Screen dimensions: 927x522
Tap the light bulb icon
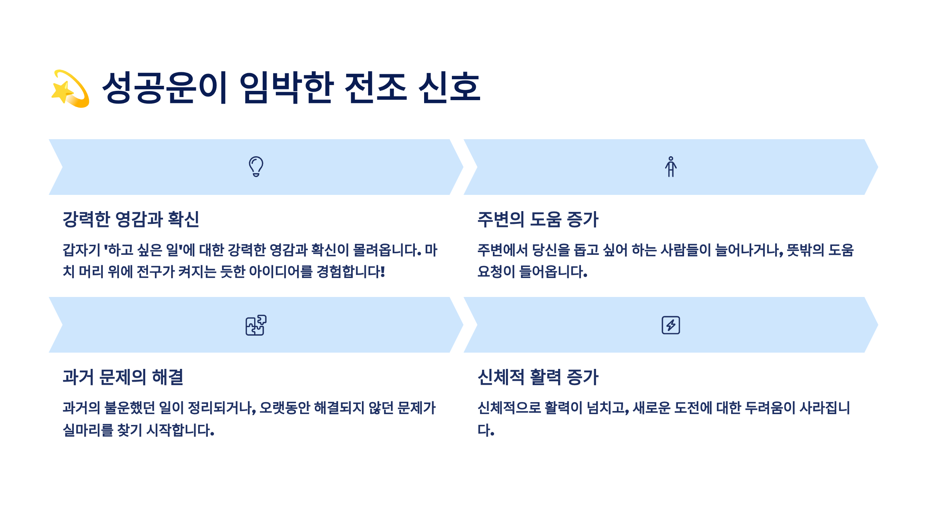(256, 167)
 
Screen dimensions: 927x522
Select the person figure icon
(671, 167)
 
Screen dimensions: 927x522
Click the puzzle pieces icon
(256, 325)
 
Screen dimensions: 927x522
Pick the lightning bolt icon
(671, 325)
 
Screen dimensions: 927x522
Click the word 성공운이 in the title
(165, 88)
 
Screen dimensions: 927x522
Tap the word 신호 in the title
(450, 88)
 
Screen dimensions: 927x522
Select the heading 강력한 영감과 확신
(131, 219)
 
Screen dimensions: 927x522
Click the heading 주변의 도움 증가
(538, 219)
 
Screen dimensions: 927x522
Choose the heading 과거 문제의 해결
(123, 377)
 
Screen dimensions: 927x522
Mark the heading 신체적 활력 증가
(538, 377)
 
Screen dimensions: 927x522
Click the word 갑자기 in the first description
(81, 250)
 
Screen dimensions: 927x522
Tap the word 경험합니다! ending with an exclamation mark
(351, 272)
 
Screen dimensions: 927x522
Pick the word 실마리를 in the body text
(88, 430)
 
